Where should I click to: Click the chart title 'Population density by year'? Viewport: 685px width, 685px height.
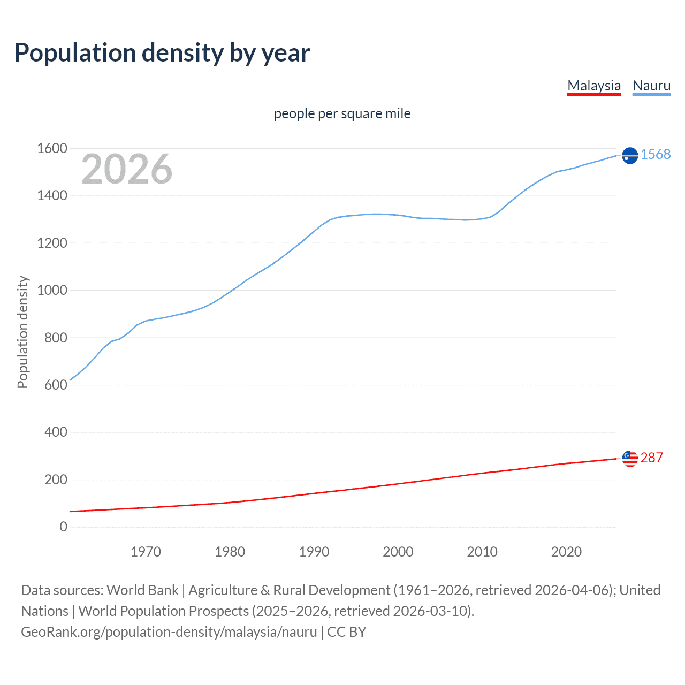[162, 53]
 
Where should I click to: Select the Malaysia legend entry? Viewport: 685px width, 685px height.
[594, 86]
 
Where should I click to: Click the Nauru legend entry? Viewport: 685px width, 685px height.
[651, 86]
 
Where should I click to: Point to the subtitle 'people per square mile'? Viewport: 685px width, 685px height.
[342, 113]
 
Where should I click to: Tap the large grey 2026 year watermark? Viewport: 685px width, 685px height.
[127, 169]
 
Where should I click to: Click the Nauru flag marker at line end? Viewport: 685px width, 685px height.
[630, 155]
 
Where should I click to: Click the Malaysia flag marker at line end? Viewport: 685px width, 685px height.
[630, 459]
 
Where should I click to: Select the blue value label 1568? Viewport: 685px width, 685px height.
[656, 154]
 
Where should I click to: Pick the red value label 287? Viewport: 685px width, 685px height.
[651, 458]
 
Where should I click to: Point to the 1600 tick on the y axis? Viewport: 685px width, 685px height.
[52, 148]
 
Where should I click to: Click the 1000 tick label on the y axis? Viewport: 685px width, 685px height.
[52, 290]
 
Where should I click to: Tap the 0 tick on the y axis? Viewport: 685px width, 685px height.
[64, 527]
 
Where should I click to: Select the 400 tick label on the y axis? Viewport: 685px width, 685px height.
[56, 432]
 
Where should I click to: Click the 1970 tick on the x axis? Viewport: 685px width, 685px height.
[146, 552]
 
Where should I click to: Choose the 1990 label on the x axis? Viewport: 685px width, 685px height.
[314, 552]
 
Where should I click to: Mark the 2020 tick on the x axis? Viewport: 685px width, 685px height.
[566, 552]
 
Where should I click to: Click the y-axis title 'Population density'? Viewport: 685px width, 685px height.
[22, 332]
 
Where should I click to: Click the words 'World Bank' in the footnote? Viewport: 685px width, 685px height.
[142, 590]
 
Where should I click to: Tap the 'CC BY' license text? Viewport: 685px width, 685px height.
[347, 632]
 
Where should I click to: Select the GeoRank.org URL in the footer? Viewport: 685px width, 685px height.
[169, 632]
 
